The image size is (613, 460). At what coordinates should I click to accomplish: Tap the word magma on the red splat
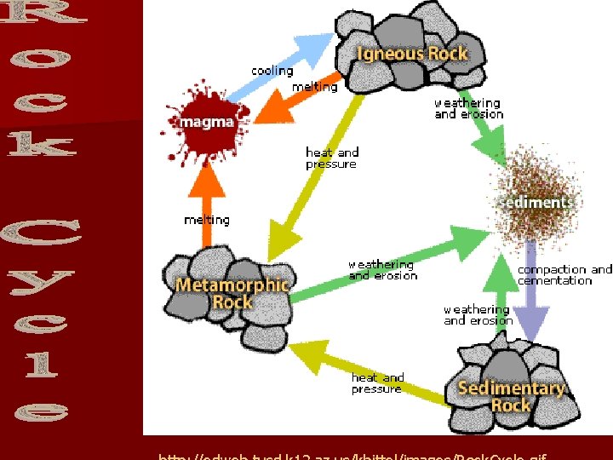[206, 122]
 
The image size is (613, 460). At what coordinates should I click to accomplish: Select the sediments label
[536, 203]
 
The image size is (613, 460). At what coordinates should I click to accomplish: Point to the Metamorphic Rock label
[232, 293]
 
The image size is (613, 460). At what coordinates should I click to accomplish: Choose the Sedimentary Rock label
[511, 397]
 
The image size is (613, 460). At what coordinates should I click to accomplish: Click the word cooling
[272, 71]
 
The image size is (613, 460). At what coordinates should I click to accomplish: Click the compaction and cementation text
[564, 275]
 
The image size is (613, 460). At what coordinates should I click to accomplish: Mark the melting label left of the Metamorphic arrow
[207, 220]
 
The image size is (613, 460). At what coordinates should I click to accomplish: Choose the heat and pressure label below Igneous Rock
[332, 158]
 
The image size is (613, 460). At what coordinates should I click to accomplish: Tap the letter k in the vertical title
[41, 143]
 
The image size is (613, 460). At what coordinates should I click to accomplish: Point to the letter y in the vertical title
[41, 279]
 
